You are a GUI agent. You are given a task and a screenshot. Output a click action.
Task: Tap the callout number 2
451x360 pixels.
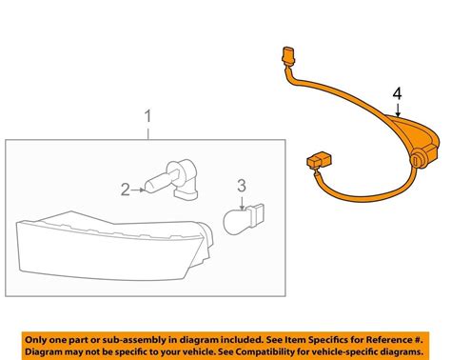point(125,190)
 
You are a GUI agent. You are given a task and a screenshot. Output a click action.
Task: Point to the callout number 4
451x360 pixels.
point(397,93)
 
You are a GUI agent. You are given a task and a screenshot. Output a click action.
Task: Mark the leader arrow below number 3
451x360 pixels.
point(243,199)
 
